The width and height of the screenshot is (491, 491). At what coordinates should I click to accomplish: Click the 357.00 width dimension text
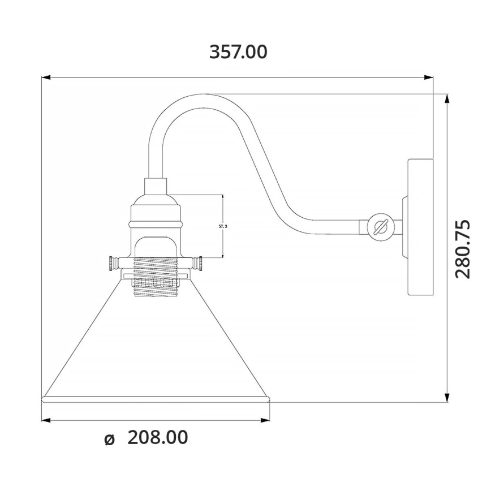click(x=238, y=52)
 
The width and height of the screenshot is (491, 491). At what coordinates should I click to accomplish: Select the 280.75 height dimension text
click(x=463, y=248)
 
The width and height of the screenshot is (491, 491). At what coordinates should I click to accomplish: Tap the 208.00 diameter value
click(x=157, y=437)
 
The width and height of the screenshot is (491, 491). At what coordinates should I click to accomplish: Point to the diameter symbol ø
click(x=110, y=439)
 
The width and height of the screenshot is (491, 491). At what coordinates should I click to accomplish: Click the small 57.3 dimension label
click(x=223, y=226)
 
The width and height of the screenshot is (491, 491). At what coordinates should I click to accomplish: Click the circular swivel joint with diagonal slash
click(x=380, y=227)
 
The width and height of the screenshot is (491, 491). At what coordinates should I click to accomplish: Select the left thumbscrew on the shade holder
click(x=113, y=263)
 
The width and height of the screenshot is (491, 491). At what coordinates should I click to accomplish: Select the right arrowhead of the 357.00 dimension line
click(x=429, y=77)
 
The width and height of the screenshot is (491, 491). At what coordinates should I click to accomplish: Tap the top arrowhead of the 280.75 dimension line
click(x=447, y=98)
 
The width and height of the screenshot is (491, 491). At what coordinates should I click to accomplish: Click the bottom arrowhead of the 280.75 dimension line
click(x=447, y=397)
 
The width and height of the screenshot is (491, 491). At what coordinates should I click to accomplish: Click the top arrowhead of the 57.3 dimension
click(x=223, y=197)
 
